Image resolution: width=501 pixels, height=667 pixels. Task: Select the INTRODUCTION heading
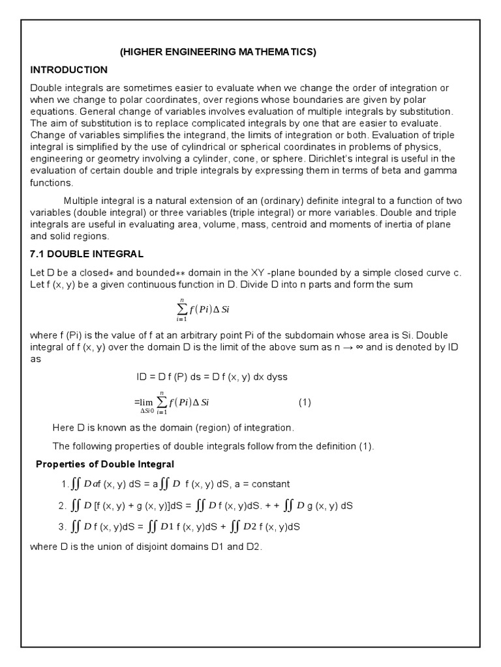point(68,70)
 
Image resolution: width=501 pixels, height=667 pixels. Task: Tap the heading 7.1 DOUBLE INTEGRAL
point(87,253)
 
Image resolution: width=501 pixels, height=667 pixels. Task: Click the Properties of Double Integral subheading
point(104,464)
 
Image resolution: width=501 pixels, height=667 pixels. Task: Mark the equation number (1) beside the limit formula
point(305,403)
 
